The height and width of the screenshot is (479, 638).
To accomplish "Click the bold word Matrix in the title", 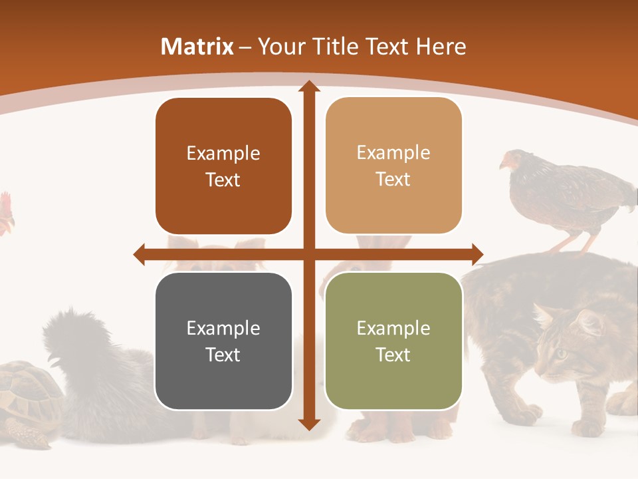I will pyautogui.click(x=197, y=47).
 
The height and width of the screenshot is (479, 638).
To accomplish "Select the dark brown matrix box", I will pyautogui.click(x=223, y=166).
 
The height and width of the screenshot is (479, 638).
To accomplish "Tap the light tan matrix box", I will pyautogui.click(x=393, y=166).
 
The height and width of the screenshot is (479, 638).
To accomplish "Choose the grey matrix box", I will pyautogui.click(x=223, y=341).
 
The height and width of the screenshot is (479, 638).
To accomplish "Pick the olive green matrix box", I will pyautogui.click(x=393, y=341).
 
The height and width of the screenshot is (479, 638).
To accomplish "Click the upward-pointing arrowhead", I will pyautogui.click(x=308, y=86).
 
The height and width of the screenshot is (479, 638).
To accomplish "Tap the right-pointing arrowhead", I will pyautogui.click(x=477, y=254).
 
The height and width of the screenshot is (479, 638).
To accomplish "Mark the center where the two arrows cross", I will pyautogui.click(x=308, y=254).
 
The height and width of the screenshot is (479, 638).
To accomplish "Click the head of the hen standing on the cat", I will pyautogui.click(x=510, y=160).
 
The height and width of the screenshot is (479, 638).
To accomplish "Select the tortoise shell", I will pyautogui.click(x=27, y=393).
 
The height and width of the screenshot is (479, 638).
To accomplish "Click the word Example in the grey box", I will pyautogui.click(x=223, y=328).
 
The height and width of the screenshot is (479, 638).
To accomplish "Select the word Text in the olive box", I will pyautogui.click(x=393, y=355).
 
